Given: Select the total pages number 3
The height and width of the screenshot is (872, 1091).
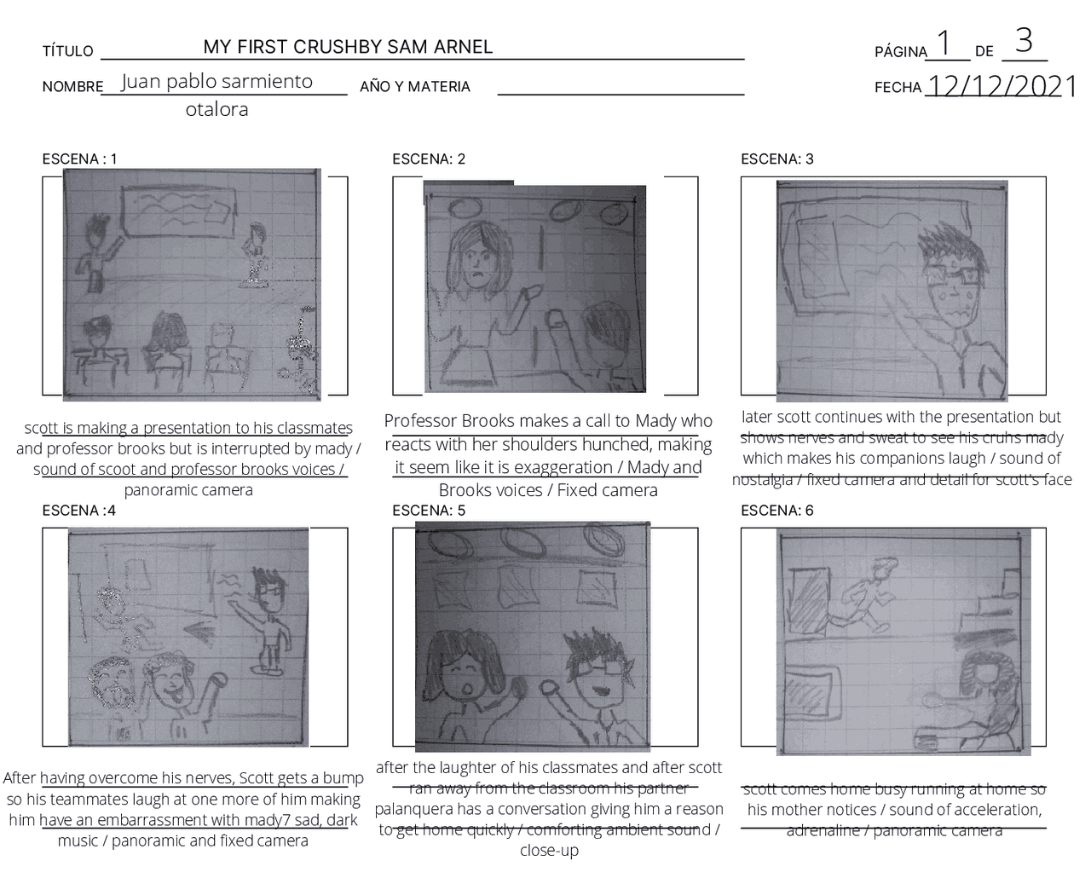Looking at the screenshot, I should coord(1024,40).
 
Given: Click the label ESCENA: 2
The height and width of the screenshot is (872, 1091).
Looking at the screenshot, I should coord(429,159).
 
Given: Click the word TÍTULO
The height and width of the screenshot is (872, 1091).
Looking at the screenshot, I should coord(68,51).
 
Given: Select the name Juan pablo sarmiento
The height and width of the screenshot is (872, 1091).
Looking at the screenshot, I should coord(216,82).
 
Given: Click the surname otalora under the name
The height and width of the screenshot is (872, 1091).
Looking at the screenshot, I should coord(216,109).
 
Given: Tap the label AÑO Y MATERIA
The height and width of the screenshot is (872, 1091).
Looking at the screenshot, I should coord(415,87).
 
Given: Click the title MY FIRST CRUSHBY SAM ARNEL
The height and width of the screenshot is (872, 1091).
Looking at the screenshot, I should coord(348,47).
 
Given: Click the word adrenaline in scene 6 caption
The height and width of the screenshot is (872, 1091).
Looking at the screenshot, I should coord(825,830).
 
